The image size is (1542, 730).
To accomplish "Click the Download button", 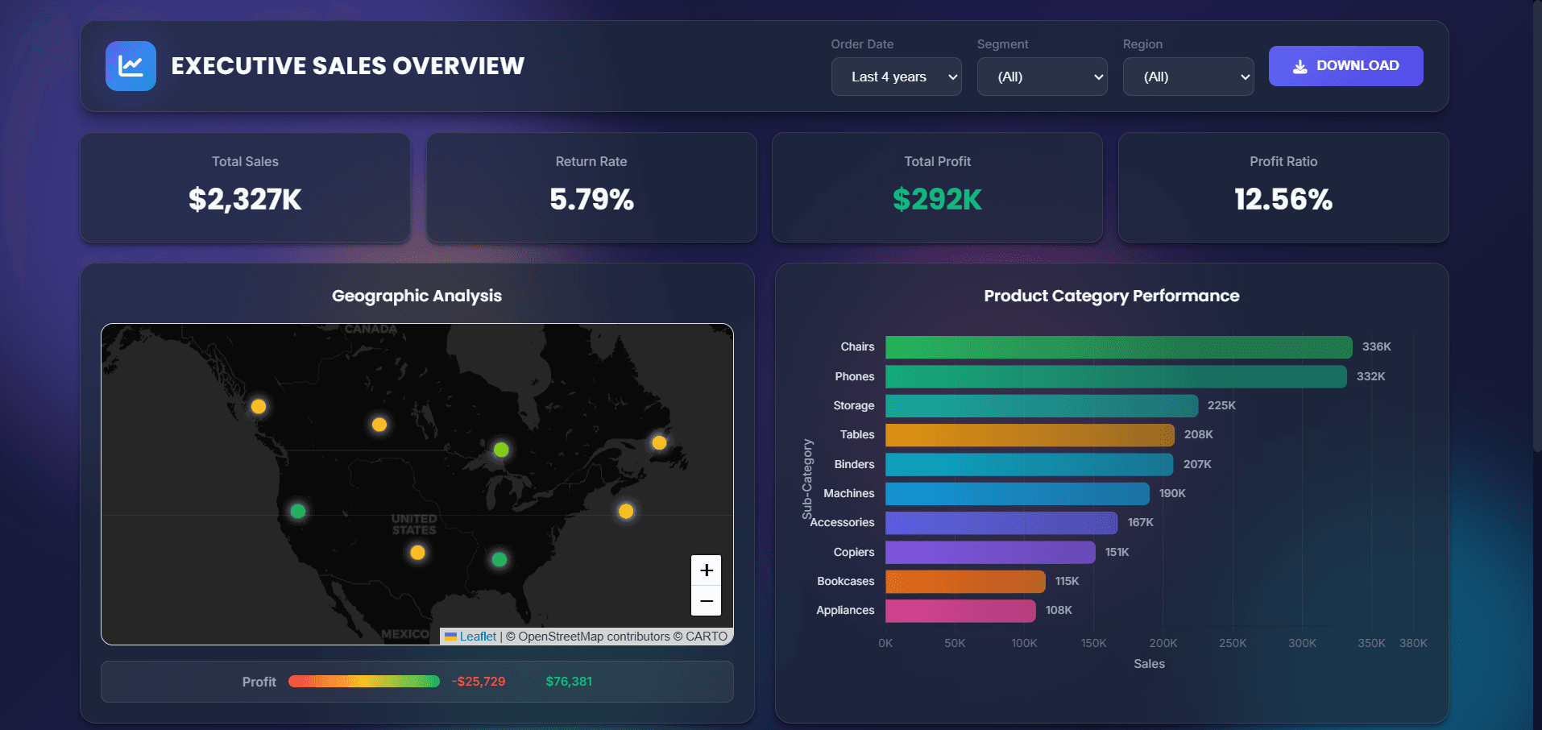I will pyautogui.click(x=1345, y=66).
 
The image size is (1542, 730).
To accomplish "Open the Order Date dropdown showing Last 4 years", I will pyautogui.click(x=896, y=77).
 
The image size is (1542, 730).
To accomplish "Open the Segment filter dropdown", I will pyautogui.click(x=1042, y=77).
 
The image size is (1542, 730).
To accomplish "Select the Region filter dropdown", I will pyautogui.click(x=1188, y=77).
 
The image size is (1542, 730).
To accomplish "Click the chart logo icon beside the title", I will pyautogui.click(x=131, y=66).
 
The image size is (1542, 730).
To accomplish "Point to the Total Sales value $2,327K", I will pyautogui.click(x=245, y=199).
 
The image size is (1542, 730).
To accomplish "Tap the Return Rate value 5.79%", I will pyautogui.click(x=591, y=199).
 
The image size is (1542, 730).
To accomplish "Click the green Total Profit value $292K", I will pyautogui.click(x=937, y=199).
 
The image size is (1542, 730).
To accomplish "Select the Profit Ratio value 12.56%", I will pyautogui.click(x=1283, y=199).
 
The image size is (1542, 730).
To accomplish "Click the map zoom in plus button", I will pyautogui.click(x=706, y=570).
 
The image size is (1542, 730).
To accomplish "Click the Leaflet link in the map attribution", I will pyautogui.click(x=478, y=637).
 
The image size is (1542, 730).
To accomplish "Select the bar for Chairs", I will pyautogui.click(x=1118, y=347).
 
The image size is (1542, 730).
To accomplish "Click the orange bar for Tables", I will pyautogui.click(x=1029, y=435).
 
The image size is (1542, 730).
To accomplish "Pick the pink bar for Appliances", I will pyautogui.click(x=960, y=611).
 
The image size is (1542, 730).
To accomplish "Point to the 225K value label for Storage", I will pyautogui.click(x=1221, y=405).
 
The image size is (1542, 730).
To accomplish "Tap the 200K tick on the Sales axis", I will pyautogui.click(x=1163, y=643).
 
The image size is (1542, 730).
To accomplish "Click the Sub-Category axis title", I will pyautogui.click(x=807, y=479).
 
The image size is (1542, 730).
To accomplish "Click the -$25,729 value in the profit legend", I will pyautogui.click(x=479, y=682).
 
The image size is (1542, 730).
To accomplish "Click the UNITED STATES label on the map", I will pyautogui.click(x=414, y=525).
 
